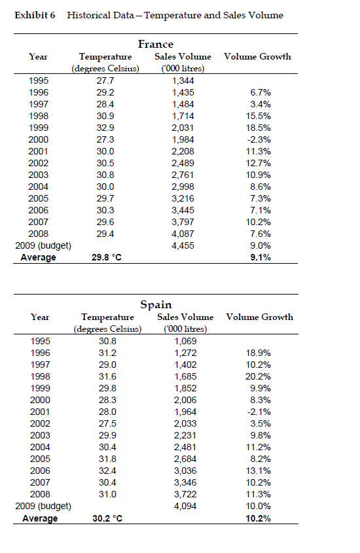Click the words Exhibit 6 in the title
coord(34,15)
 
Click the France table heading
coord(155,44)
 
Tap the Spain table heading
coord(156,304)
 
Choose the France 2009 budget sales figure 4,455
coord(183,245)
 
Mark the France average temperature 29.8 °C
coord(107,257)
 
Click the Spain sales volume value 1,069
coord(186,340)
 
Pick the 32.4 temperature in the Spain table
coord(107,470)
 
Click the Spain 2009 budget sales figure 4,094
coord(186,506)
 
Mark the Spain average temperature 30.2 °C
coord(107,518)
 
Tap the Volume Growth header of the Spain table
coord(259,317)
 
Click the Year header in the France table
coord(39,57)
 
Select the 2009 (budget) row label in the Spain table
coord(43,506)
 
